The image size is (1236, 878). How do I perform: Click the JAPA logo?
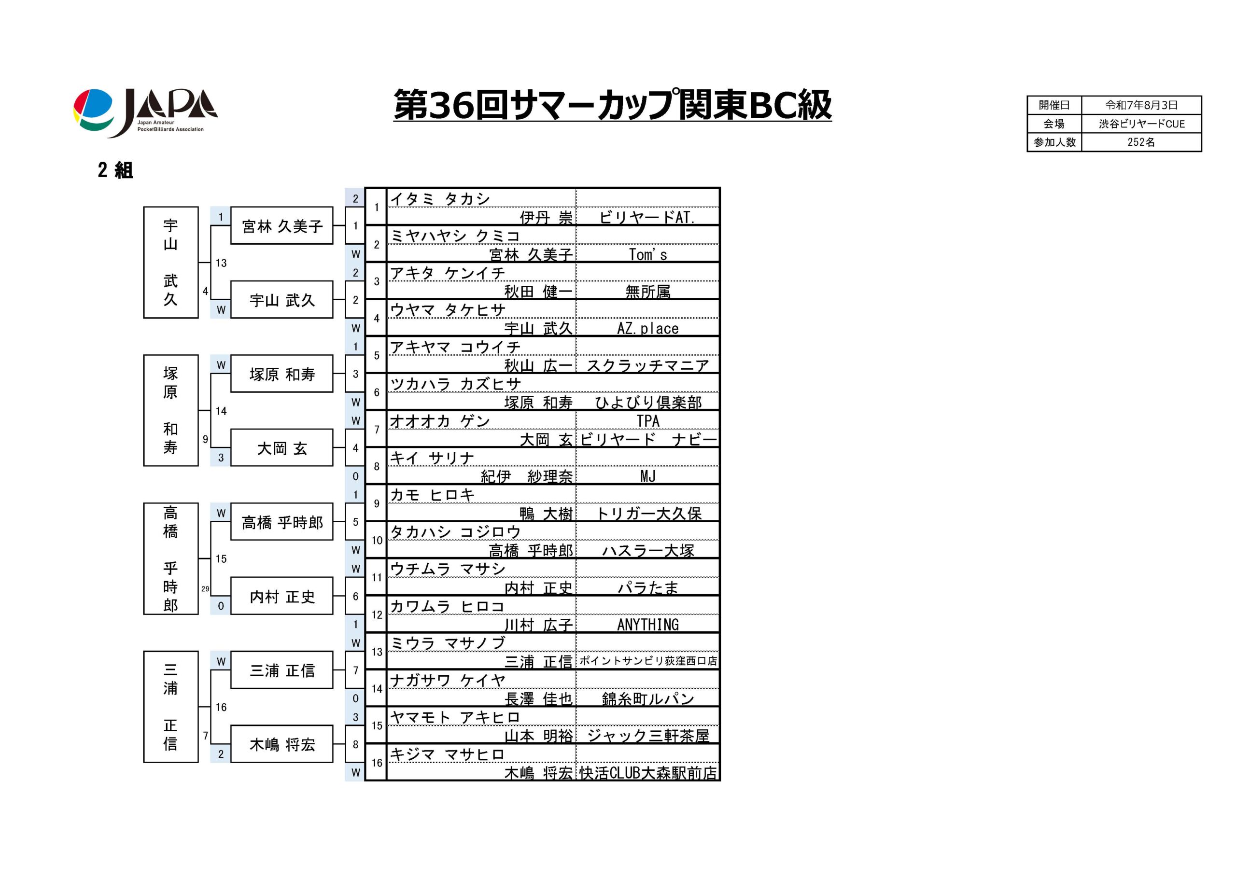point(145,112)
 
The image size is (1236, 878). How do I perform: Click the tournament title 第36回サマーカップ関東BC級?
point(612,104)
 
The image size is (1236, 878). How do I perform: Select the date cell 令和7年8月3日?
point(1141,105)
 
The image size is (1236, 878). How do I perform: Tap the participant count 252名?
point(1141,142)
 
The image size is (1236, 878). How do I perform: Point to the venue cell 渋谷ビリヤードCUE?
point(1141,124)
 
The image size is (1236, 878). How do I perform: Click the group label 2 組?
point(115,170)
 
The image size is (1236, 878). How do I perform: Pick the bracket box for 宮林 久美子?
point(281,225)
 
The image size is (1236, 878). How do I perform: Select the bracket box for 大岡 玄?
point(281,447)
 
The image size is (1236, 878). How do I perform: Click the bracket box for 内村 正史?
point(281,596)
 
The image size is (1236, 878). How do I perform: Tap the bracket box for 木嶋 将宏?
point(281,744)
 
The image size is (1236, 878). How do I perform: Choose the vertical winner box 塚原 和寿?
point(171,410)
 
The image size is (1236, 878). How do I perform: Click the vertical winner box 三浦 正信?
point(171,707)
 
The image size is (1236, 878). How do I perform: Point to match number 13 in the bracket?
point(221,263)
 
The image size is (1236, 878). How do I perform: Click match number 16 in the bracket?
point(221,707)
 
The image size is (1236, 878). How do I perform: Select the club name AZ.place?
point(648,328)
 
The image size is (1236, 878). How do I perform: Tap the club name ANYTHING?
point(648,625)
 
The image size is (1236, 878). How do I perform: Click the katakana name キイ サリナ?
point(432,458)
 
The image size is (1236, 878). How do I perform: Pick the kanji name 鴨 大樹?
point(546,514)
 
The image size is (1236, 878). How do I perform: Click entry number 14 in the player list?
point(377,689)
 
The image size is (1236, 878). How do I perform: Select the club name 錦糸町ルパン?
point(648,698)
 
